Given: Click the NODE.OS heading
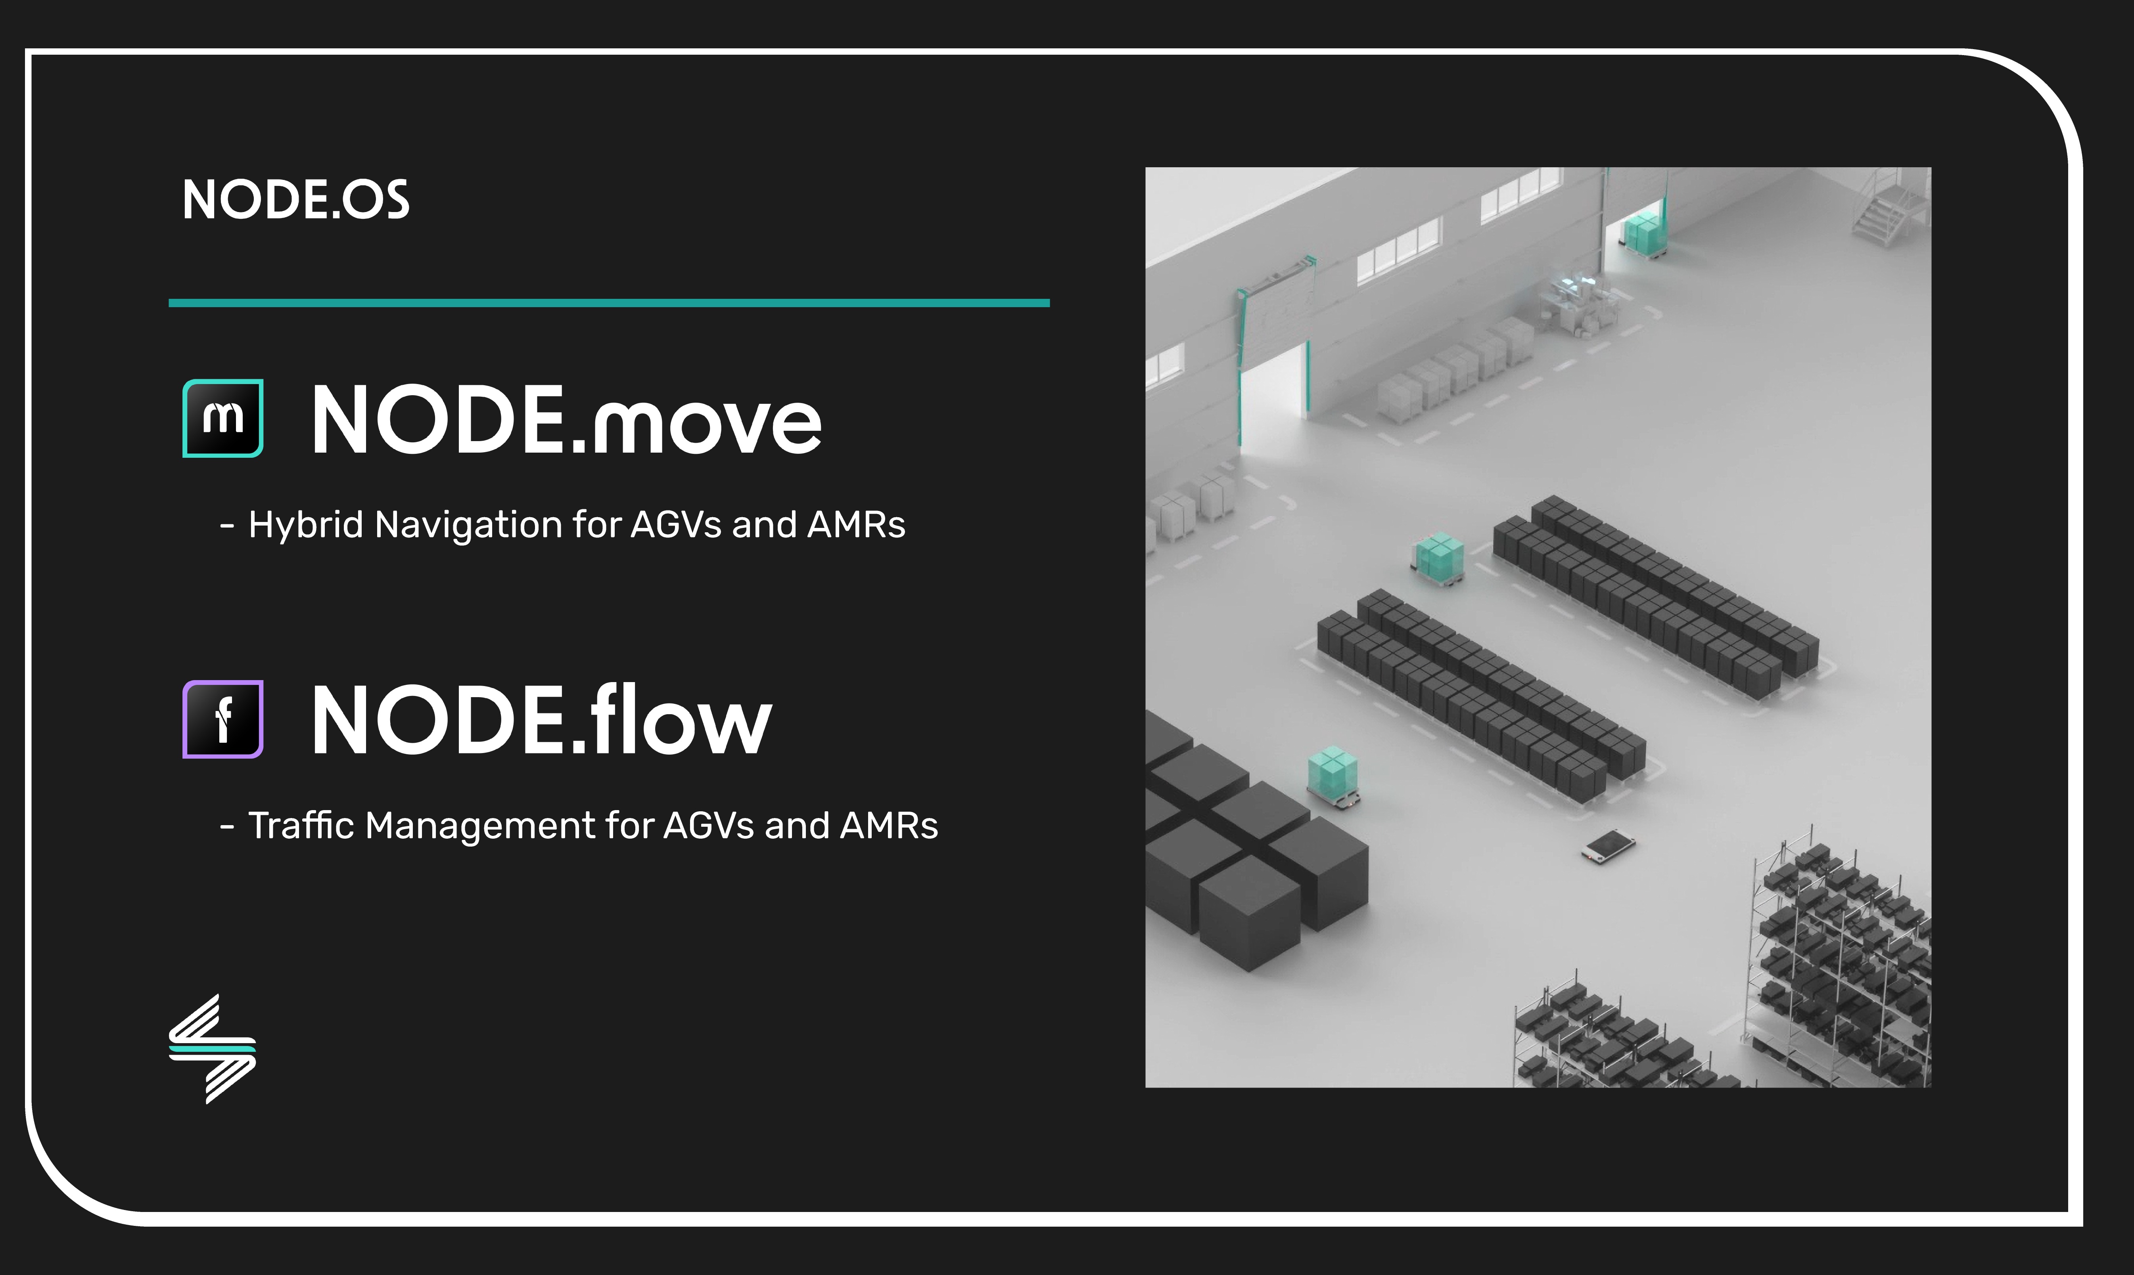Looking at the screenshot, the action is click(x=295, y=200).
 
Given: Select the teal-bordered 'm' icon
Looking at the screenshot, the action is click(x=222, y=419).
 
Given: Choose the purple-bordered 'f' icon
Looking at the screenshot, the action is click(x=222, y=719).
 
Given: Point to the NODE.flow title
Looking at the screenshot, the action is click(x=541, y=720).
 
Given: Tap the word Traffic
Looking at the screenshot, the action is click(x=301, y=826).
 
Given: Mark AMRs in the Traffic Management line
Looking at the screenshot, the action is click(x=889, y=826).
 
